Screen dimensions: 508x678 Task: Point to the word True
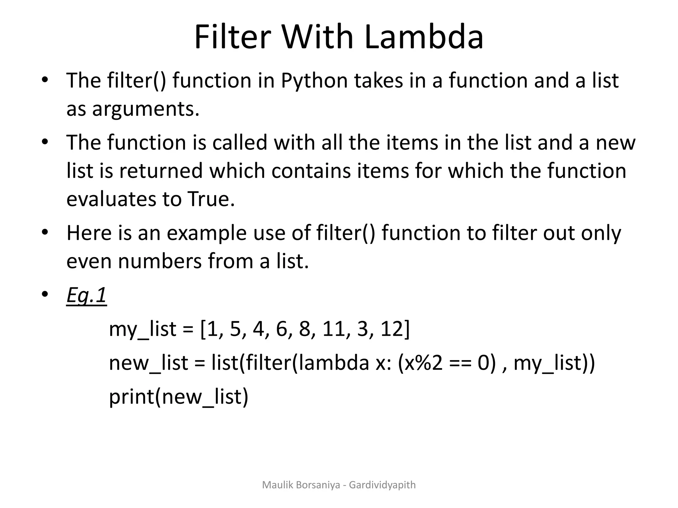point(211,199)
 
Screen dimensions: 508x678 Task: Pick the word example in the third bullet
point(207,233)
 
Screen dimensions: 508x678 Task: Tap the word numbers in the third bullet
point(160,261)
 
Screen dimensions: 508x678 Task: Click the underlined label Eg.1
point(86,295)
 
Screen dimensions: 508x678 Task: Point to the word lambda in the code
point(331,363)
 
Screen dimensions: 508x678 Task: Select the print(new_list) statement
point(178,397)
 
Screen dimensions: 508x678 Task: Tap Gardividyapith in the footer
point(382,485)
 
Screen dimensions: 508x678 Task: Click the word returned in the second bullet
point(161,171)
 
